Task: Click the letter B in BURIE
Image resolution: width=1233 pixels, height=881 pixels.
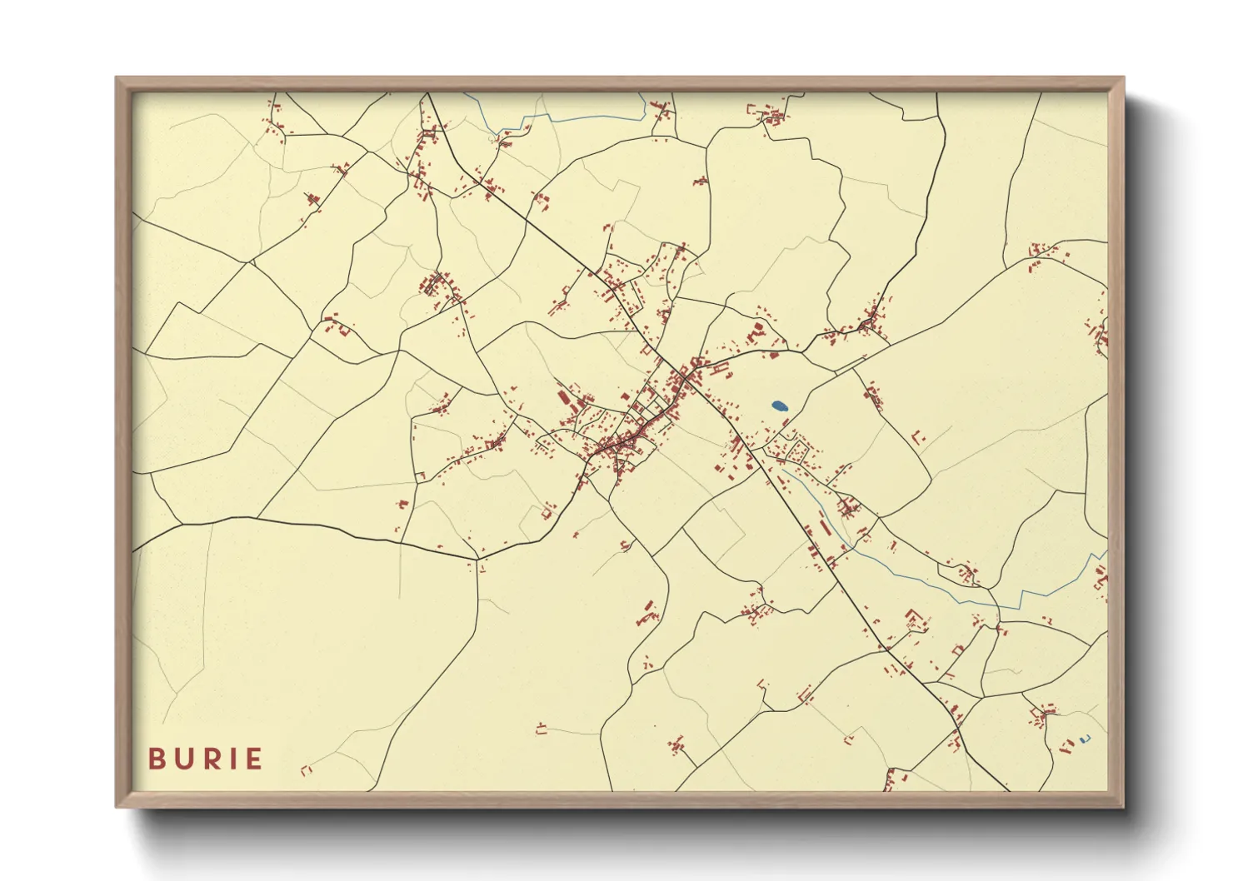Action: coord(156,759)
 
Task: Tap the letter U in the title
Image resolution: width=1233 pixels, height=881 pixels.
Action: coord(182,759)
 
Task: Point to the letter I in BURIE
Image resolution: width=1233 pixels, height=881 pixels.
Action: coord(231,759)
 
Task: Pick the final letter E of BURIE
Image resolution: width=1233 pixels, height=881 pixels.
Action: coord(253,759)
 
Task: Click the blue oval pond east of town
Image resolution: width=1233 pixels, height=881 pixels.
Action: coord(779,406)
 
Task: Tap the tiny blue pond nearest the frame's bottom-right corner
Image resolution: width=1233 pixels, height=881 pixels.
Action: coord(1083,739)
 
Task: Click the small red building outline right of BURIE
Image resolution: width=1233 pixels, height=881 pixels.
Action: coord(306,770)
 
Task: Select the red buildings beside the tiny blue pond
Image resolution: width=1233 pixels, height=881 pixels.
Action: coord(1066,745)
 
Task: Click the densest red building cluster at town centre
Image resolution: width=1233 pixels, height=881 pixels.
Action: coord(621,445)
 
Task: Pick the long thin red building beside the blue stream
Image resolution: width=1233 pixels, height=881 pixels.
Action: coord(826,527)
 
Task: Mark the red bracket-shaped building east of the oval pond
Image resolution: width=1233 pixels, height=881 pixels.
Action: coord(918,436)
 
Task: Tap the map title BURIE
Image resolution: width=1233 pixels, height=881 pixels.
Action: coord(205,759)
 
